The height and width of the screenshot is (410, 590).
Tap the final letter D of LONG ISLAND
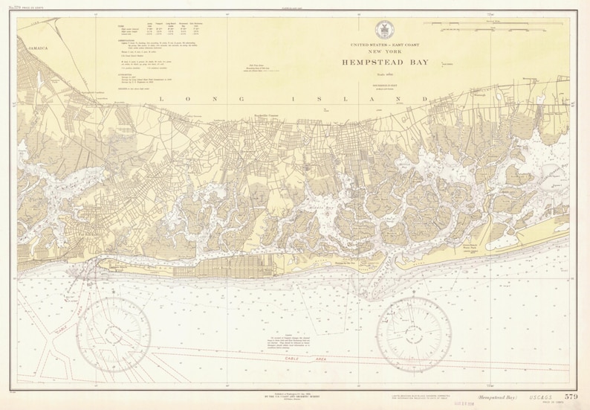tap(425, 99)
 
